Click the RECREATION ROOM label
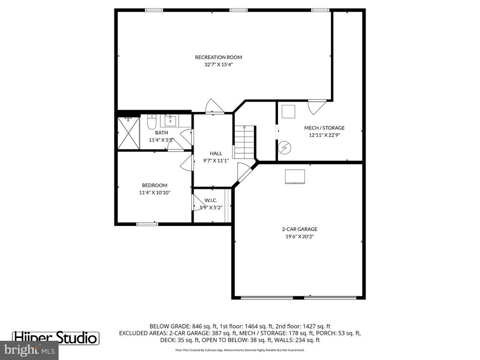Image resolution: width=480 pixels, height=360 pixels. tap(218, 57)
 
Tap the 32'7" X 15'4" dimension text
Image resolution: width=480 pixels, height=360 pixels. tap(218, 65)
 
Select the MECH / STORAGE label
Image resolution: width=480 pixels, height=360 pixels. tap(324, 127)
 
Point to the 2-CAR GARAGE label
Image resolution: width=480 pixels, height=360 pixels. tap(299, 229)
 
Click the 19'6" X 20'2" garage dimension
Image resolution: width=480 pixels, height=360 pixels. tap(299, 237)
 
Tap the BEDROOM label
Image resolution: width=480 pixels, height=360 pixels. tap(154, 185)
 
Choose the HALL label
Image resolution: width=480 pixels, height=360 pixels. tap(216, 153)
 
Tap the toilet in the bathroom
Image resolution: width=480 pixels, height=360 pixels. tap(151, 122)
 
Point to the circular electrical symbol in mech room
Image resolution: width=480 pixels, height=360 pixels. tap(284, 148)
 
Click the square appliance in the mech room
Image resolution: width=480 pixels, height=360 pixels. tap(288, 112)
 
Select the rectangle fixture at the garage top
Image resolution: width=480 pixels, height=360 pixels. tap(295, 176)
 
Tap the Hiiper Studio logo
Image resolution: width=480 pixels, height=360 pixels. tap(55, 337)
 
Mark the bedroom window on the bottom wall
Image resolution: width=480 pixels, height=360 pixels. tap(146, 224)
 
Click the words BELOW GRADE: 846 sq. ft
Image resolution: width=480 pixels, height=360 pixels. tap(185, 326)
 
